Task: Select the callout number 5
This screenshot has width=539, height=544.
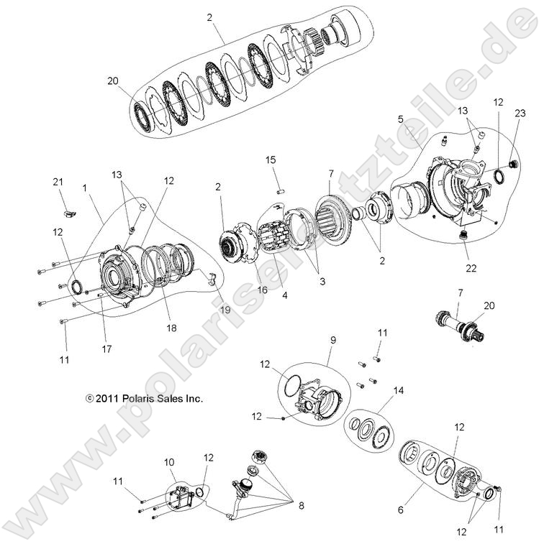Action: [x=401, y=119]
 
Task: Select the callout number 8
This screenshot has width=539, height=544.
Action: [x=301, y=505]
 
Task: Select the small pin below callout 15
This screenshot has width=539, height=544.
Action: [x=283, y=192]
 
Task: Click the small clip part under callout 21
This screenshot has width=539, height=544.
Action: [x=69, y=213]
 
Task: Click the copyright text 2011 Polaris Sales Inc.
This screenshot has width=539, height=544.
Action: [x=144, y=397]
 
